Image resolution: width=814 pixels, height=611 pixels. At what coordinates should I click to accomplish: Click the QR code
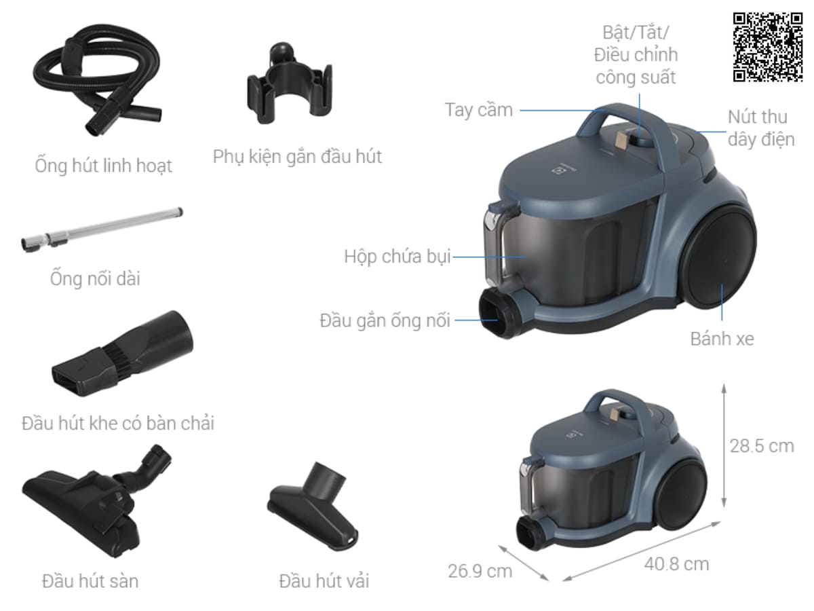[x=768, y=47]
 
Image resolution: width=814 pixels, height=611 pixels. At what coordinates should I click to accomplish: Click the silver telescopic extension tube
[x=102, y=229]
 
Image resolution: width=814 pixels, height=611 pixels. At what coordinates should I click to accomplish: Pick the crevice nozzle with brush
[x=122, y=353]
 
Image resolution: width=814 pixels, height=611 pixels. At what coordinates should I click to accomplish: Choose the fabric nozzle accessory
[x=313, y=506]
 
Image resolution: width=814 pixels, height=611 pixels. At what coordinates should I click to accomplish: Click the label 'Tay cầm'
[x=478, y=110]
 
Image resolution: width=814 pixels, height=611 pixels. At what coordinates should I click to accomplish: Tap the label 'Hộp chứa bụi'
[x=398, y=257]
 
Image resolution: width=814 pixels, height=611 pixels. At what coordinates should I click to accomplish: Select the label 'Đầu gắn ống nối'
[x=385, y=320]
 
